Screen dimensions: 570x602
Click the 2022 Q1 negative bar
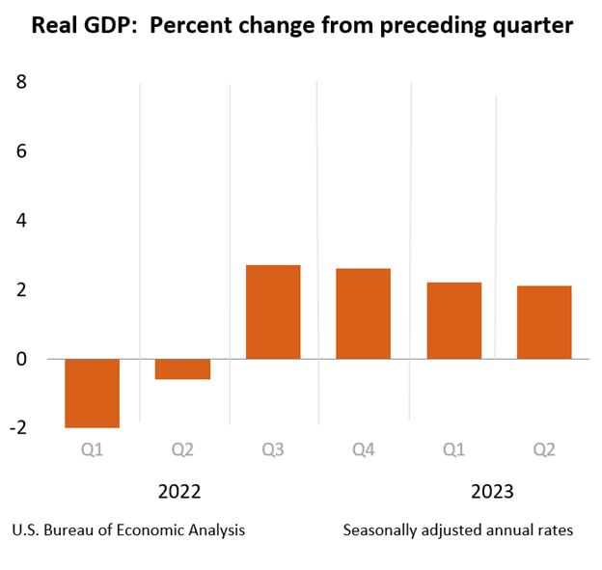point(93,393)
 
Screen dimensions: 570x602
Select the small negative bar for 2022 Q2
point(183,368)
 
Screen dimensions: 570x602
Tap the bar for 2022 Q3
point(273,312)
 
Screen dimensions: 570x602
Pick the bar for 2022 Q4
point(364,313)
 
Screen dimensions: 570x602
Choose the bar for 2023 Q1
point(454,320)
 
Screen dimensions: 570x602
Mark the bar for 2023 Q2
point(544,322)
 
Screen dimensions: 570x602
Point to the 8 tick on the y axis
point(21,83)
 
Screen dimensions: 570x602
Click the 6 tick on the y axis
point(21,151)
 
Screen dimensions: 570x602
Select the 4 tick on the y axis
point(21,221)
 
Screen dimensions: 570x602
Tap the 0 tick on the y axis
point(21,359)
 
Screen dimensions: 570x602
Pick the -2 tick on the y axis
point(17,427)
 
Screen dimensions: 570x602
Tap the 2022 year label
point(179,492)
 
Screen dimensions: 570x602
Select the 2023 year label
point(492,492)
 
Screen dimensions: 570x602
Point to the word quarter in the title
point(531,26)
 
